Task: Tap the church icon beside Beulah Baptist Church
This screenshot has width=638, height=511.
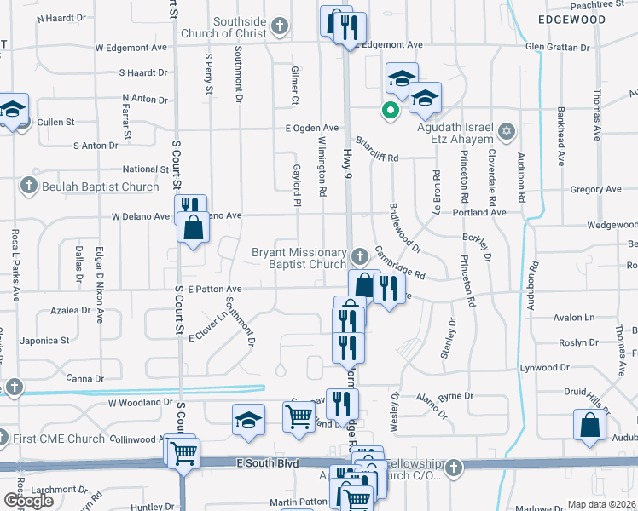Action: [x=28, y=186]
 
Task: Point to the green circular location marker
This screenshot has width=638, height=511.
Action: [x=390, y=110]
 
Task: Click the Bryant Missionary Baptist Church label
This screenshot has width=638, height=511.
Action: [x=299, y=258]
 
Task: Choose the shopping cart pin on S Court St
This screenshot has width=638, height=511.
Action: [x=183, y=454]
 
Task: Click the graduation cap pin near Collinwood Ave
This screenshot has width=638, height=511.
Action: [x=248, y=420]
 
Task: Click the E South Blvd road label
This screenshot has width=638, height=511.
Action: [x=270, y=463]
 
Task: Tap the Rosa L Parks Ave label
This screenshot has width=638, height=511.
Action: [x=16, y=265]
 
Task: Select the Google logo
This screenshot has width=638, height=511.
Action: [x=28, y=501]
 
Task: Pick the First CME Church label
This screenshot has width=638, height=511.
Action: [x=58, y=439]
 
